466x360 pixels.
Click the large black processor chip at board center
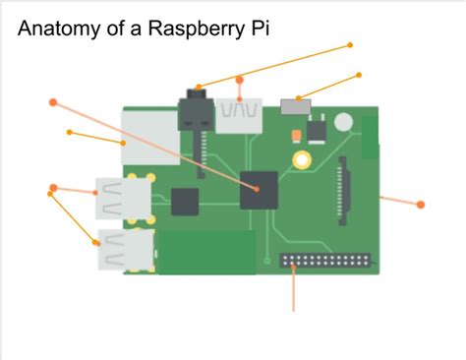tap(260, 189)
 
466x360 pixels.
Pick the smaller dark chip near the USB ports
tap(185, 202)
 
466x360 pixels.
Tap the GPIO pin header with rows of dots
tap(326, 264)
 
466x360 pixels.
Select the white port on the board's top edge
tap(240, 114)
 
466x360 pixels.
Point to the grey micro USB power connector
tap(292, 105)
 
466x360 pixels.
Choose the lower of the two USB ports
tap(123, 251)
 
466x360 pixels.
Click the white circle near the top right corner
tap(343, 123)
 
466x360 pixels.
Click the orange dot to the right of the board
tap(421, 205)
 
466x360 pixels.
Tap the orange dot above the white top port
tap(239, 79)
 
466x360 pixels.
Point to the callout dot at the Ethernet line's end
tap(69, 132)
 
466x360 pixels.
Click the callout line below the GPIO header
tap(294, 292)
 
